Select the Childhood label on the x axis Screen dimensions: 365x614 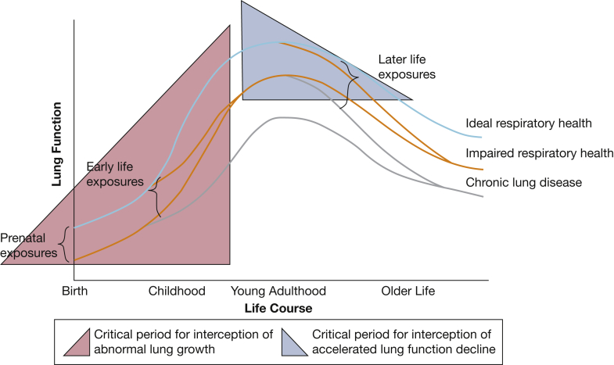[177, 291]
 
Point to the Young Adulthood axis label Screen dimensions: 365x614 [278, 291]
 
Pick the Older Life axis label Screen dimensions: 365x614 [408, 291]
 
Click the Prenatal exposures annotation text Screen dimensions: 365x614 [29, 245]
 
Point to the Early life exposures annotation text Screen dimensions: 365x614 [115, 174]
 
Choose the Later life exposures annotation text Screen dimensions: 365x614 [406, 66]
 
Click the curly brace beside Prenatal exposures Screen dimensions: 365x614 [65, 243]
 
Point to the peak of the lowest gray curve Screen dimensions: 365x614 [282, 117]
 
